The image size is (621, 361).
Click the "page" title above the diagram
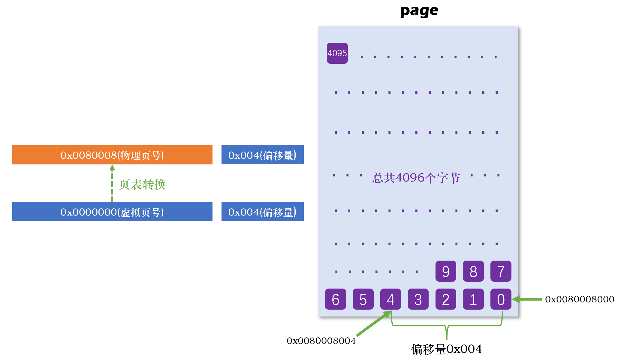[419, 11]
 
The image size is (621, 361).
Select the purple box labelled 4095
[337, 53]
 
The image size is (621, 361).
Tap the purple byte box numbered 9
[446, 271]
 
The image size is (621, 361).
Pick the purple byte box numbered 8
[473, 271]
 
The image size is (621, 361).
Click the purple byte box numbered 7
[501, 271]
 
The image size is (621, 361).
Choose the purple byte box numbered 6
[335, 299]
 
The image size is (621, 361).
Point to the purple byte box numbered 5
[363, 299]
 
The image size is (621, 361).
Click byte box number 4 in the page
[390, 299]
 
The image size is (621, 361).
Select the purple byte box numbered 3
[418, 299]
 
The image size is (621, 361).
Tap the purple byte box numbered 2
[446, 299]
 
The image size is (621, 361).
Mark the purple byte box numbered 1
[473, 299]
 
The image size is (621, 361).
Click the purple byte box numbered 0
[501, 299]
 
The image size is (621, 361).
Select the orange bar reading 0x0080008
[112, 155]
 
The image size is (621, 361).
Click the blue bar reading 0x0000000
[112, 212]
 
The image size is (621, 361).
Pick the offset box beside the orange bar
[262, 154]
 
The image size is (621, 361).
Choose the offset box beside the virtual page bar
[262, 211]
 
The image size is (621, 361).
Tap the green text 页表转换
[142, 184]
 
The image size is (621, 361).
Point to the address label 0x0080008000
[579, 299]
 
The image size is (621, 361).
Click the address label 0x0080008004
[321, 341]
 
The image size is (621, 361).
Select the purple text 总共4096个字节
[416, 178]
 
